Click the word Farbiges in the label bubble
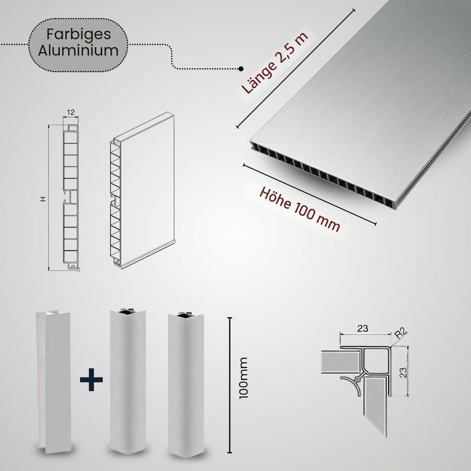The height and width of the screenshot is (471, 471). (x=78, y=35)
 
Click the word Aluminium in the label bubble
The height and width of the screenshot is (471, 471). (x=78, y=51)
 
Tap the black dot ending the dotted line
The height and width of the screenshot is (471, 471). (x=241, y=69)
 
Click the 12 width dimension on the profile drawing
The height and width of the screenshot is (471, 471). (x=71, y=113)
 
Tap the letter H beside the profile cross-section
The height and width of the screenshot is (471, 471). (x=43, y=199)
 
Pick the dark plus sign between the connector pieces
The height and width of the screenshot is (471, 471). (x=91, y=380)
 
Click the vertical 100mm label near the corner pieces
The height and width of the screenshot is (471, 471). (x=243, y=378)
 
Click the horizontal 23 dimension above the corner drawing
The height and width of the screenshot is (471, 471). (x=362, y=328)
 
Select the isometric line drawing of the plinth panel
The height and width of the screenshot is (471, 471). (x=142, y=190)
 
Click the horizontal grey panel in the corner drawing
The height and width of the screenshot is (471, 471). (x=341, y=362)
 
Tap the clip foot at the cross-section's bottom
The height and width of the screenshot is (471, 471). (x=74, y=267)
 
